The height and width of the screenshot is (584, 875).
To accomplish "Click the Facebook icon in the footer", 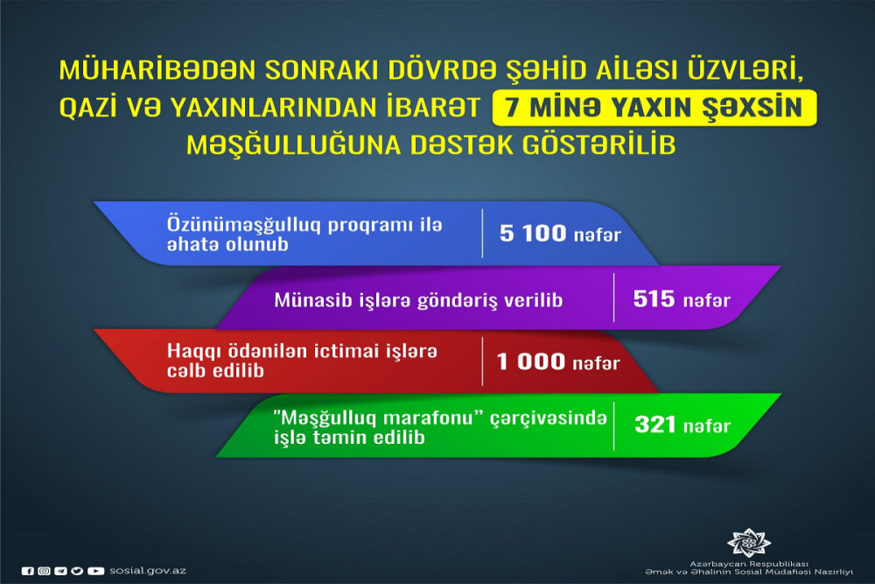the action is (x=27, y=571).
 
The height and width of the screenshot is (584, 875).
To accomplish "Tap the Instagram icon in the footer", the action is (x=44, y=571).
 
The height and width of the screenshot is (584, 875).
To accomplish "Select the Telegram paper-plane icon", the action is (x=61, y=571).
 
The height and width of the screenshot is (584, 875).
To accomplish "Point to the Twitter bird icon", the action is (x=77, y=571).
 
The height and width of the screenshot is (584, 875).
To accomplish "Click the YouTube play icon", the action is (x=96, y=571).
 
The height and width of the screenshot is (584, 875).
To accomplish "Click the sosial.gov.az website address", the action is (x=148, y=571).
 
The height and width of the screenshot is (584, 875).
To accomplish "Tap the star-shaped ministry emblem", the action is (x=749, y=542).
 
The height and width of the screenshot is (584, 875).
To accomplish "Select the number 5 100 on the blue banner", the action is (x=533, y=234).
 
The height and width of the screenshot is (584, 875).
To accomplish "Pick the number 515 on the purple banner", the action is (x=654, y=299).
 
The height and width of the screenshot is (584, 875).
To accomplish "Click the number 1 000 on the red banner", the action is (x=531, y=362).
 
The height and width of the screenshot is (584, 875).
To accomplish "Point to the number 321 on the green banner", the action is (x=655, y=425).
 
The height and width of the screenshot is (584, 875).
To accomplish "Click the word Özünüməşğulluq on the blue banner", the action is (x=244, y=225).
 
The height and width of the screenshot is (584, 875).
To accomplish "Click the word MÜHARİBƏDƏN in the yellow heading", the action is (x=157, y=70).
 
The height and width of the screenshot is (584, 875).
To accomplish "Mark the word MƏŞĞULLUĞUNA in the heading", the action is (x=294, y=145).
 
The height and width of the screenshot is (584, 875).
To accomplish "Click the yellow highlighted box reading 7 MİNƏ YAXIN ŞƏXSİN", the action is (x=654, y=108).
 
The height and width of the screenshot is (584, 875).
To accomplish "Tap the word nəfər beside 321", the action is (x=707, y=427).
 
